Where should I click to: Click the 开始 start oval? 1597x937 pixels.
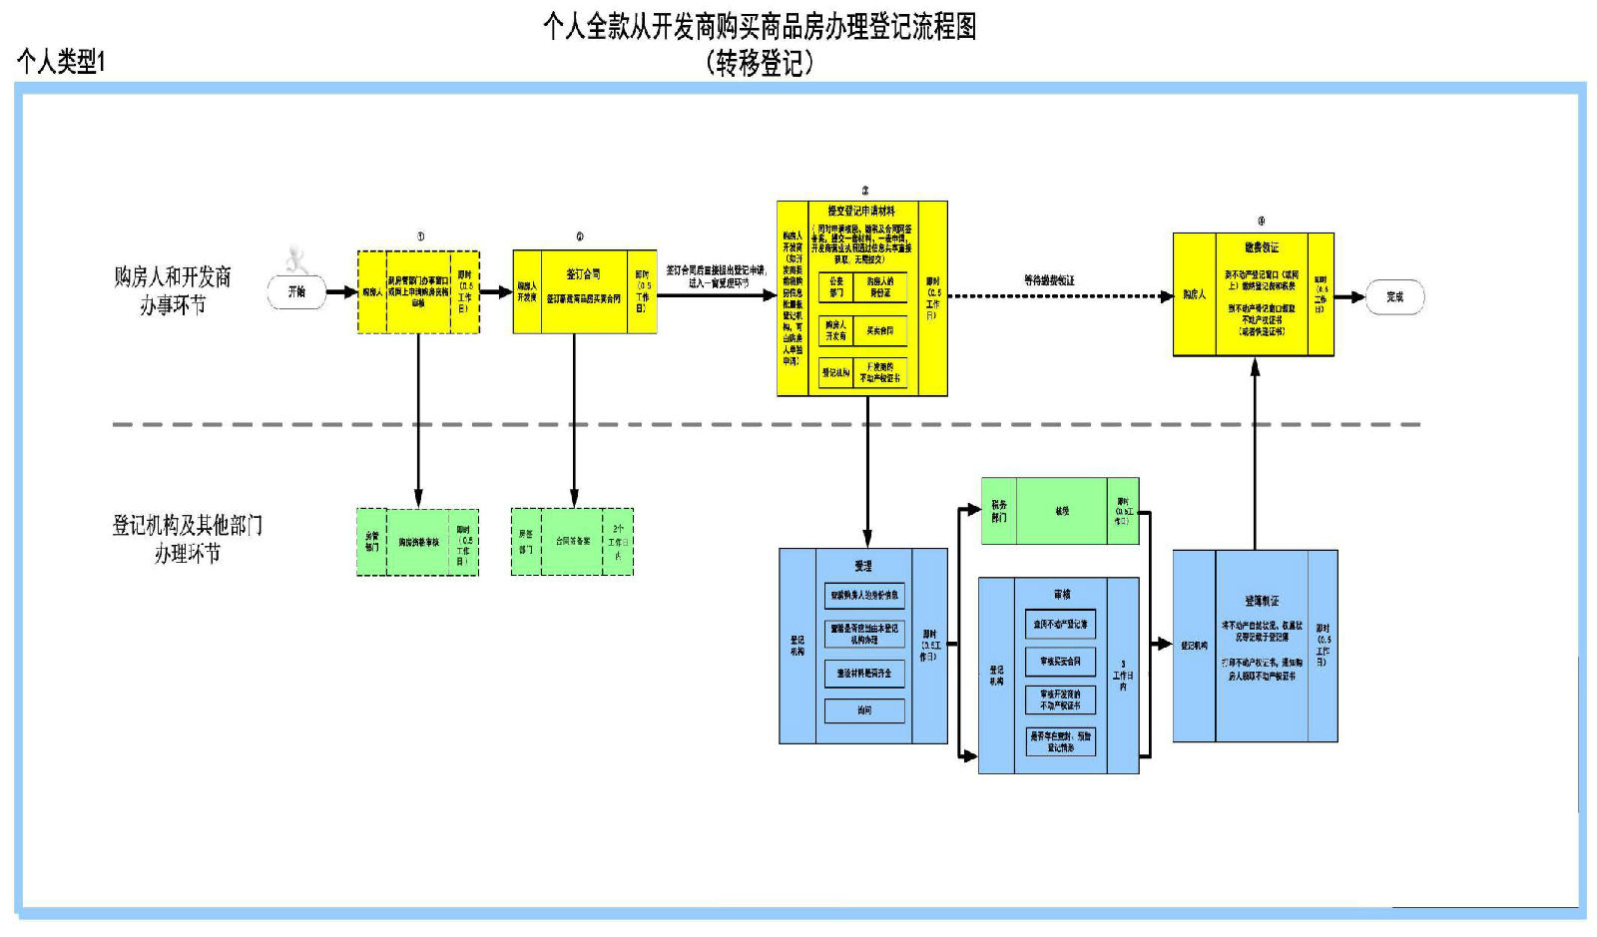[296, 292]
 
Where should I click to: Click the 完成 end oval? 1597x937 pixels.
[1394, 296]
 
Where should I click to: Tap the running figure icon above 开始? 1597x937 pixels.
[295, 260]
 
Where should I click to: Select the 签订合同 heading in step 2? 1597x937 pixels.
[583, 274]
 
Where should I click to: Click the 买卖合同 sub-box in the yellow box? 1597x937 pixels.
[879, 330]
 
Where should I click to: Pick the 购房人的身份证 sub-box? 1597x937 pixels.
[879, 287]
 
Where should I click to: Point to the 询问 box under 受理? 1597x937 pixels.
[864, 710]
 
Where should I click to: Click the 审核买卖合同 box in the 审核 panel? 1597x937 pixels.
[1060, 662]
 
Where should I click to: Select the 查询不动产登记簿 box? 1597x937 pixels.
[1060, 625]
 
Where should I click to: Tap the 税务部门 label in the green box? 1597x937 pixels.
[999, 511]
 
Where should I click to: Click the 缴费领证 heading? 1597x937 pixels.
[1262, 247]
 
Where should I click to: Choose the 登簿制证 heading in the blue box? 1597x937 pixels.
[1262, 601]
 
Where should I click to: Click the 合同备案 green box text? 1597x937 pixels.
[573, 542]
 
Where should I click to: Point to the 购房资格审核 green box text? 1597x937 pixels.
[418, 543]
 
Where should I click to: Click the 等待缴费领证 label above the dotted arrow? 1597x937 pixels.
[1049, 280]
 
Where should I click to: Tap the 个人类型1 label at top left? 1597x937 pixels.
[61, 62]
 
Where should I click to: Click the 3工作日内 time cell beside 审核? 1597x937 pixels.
[1123, 676]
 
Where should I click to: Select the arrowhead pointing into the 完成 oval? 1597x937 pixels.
[1356, 296]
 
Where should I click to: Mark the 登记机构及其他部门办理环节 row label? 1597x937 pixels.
[187, 539]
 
